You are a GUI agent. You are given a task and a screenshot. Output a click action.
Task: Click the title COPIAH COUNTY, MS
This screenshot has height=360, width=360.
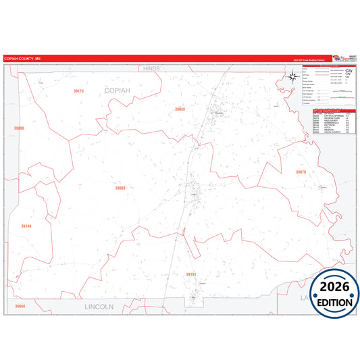click(23, 59)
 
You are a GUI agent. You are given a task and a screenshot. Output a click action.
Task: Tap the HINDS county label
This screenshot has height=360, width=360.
click(151, 69)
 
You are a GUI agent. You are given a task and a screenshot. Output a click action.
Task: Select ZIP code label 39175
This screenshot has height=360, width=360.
click(78, 91)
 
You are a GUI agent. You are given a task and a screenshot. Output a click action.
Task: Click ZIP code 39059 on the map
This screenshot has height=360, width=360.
click(180, 109)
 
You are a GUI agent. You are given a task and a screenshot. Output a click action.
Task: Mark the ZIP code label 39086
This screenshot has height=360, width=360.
click(18, 128)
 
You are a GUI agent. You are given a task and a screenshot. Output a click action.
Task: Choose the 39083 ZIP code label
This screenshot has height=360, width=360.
click(120, 188)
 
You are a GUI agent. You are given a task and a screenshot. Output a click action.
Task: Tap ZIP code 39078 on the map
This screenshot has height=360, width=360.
click(301, 172)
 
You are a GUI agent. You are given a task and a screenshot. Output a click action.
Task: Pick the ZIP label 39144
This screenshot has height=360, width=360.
click(26, 226)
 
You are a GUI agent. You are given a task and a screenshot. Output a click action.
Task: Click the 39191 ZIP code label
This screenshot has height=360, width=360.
click(191, 274)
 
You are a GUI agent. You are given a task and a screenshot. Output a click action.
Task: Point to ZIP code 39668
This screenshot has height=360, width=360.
click(20, 306)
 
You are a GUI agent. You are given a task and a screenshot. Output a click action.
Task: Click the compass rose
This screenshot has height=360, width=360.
click(293, 76)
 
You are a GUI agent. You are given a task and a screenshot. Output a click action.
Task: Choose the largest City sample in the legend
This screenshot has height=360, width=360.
click(349, 70)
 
